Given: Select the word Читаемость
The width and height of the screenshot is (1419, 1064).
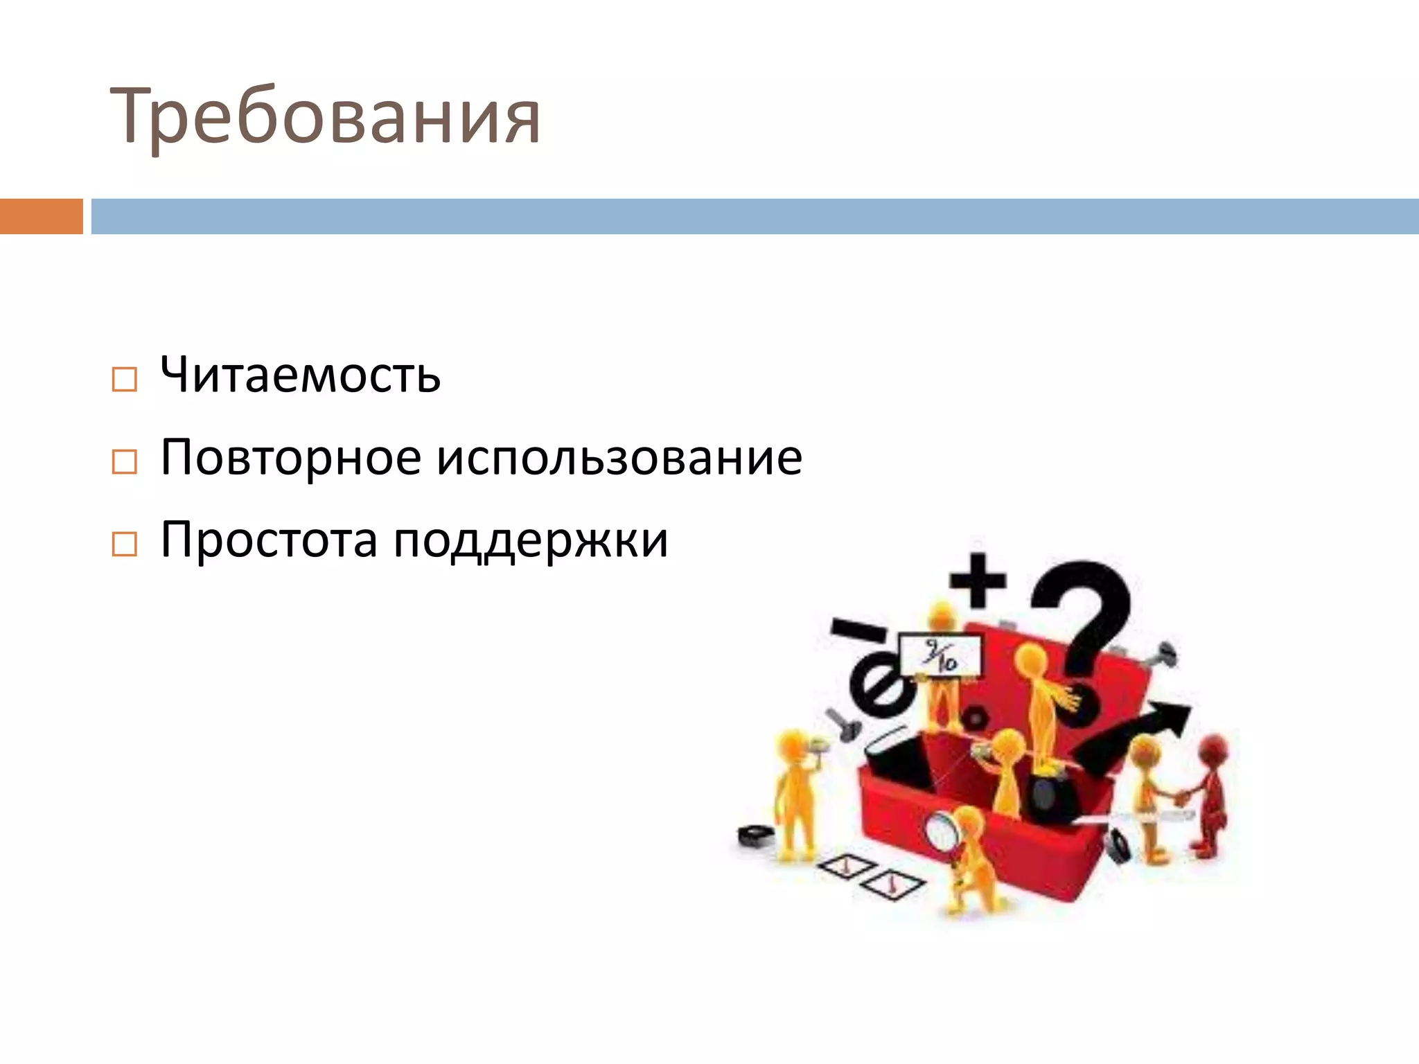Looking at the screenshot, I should coord(300,375).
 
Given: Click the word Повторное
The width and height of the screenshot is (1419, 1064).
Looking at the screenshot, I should coord(290,458).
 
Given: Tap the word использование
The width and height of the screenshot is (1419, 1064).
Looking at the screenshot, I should coord(619,458).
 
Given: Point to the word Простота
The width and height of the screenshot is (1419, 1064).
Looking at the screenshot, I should coord(269,540).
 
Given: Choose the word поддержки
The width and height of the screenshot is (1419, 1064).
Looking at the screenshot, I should coord(531,541).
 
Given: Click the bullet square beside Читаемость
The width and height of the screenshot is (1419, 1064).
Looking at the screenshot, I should coord(124,380).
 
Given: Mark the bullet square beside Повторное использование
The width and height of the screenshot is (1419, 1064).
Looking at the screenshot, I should coord(124,462).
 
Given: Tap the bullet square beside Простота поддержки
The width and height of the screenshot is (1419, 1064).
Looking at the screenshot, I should coord(124,544).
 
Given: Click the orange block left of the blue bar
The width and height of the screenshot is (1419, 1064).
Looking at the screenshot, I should coord(41,216).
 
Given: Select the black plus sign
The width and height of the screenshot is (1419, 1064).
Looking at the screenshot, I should coord(978,580).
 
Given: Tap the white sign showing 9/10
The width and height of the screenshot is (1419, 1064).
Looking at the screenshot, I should coord(940,655).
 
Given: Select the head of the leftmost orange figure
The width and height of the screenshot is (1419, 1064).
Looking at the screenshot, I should coord(792,745).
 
